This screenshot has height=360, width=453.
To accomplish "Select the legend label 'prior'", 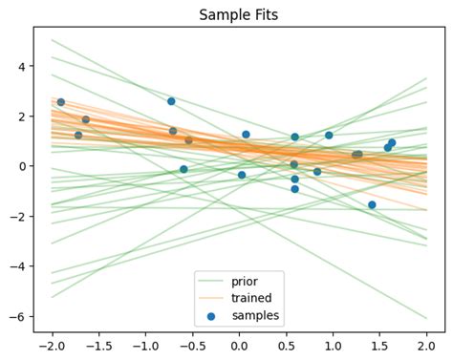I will (x=245, y=281).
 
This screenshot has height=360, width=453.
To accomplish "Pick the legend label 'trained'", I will (x=250, y=297).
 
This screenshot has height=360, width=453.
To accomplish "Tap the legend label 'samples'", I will (x=253, y=314).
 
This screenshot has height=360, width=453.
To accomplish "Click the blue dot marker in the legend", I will (x=210, y=314).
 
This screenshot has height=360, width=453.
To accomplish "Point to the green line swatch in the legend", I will (x=210, y=281).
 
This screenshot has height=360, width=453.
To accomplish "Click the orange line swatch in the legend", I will (x=210, y=297).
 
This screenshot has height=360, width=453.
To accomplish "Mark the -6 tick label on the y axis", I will (x=18, y=316).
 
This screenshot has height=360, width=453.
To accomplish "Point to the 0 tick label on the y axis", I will (x=22, y=166).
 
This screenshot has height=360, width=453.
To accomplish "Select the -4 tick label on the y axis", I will (x=18, y=266).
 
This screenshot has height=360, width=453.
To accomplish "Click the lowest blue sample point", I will (x=372, y=205).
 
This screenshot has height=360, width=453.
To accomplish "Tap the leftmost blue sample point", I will (x=61, y=102).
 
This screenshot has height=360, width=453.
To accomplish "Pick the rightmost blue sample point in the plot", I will (x=392, y=143).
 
